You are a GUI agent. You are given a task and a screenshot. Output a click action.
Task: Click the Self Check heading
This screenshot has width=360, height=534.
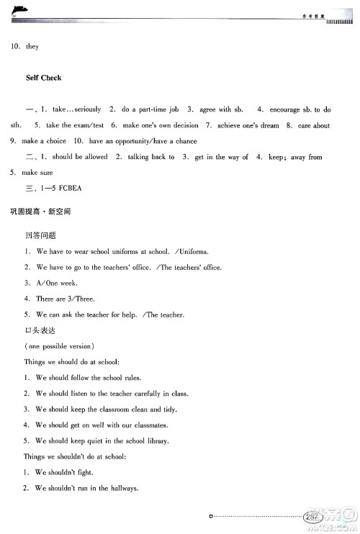[x=43, y=78]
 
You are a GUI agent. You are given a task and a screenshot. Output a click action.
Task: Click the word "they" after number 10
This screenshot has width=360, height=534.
[x=32, y=47]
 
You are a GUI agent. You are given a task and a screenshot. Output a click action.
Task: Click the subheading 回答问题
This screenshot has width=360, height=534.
[x=40, y=235]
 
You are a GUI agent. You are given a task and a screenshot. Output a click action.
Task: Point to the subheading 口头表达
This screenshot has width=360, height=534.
[x=40, y=330]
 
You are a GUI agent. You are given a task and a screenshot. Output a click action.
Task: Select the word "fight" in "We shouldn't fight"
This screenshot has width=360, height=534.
[x=84, y=473]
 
